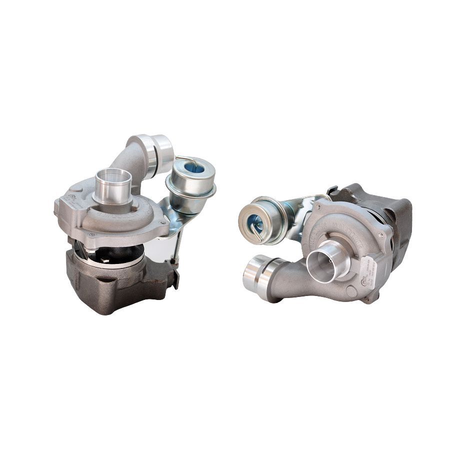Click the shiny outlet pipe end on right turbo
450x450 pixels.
click(x=255, y=273)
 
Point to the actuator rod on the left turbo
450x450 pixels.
click(x=177, y=245)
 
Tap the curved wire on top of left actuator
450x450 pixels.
click(x=185, y=160)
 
